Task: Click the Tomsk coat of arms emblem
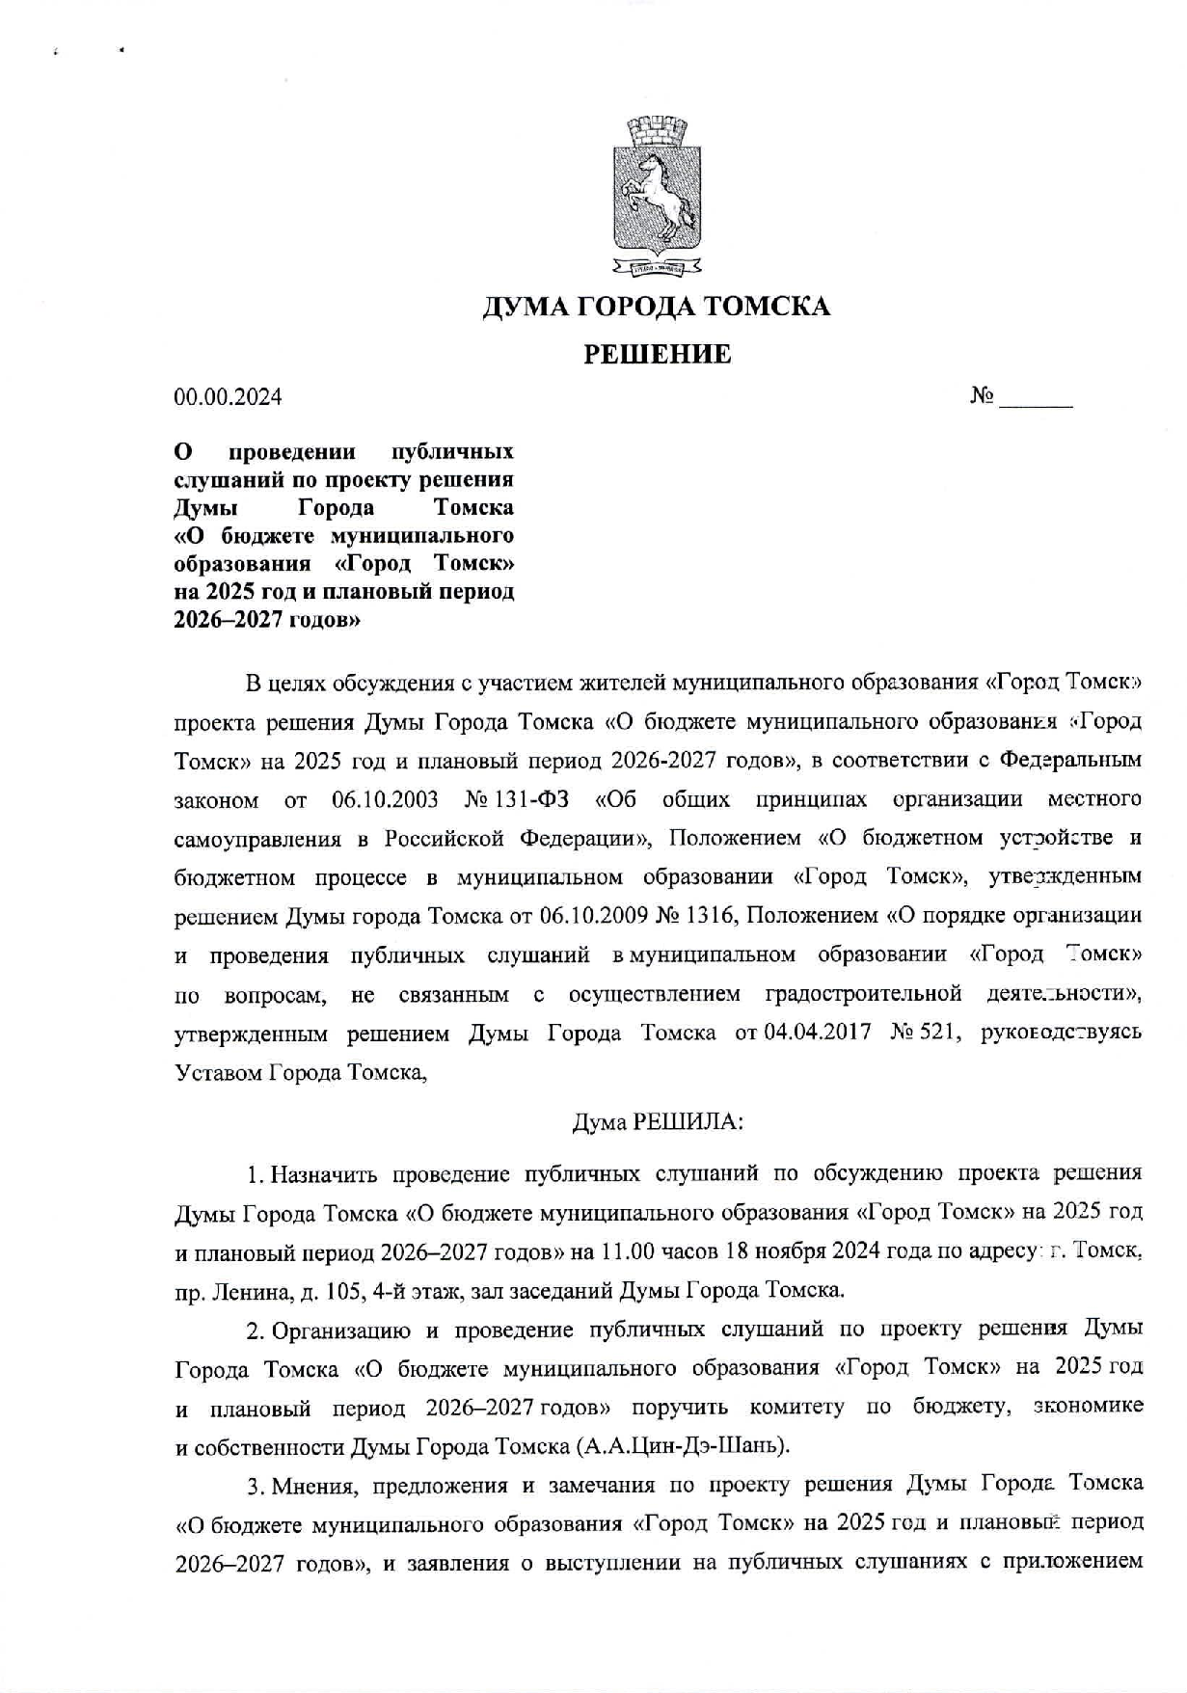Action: (656, 194)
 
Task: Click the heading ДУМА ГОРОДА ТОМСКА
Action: (656, 307)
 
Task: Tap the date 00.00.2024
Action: (228, 396)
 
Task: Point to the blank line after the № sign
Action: (1036, 400)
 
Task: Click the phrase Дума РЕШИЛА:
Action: (656, 1121)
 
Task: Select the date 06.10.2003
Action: (385, 799)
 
